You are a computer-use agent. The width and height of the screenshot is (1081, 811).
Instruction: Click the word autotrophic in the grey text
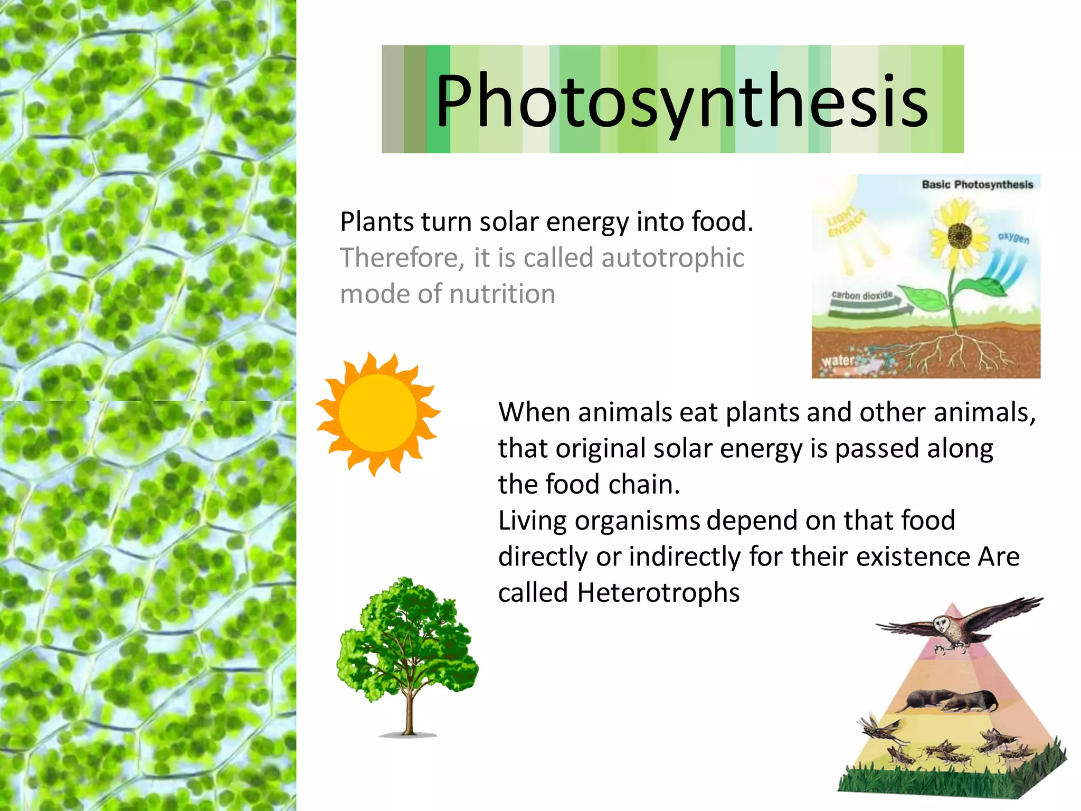(672, 258)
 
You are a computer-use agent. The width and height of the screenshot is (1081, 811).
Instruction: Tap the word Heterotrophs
(658, 592)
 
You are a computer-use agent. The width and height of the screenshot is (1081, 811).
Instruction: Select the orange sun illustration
(378, 413)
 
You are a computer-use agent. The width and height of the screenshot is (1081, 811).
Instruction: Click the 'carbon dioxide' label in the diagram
(861, 295)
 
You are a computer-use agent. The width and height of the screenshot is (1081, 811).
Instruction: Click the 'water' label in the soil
(838, 361)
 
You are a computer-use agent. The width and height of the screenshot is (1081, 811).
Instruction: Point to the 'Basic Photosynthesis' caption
(977, 185)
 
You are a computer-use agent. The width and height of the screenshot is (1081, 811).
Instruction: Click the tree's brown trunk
(408, 713)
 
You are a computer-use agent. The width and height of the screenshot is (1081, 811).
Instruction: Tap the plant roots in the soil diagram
(955, 354)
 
